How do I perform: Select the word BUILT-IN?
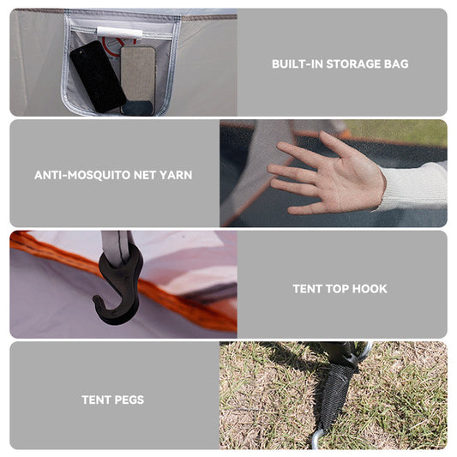coord(297,64)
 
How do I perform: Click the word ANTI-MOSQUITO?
coord(82,175)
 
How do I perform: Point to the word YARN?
coord(176,175)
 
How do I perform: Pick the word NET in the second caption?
coord(144,175)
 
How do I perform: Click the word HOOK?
coord(370,289)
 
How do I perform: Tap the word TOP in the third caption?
coord(337,289)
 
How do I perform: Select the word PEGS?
coord(129,400)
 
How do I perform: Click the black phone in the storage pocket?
coord(98,76)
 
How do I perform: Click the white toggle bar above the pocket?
coord(119,33)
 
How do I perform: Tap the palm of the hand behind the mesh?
coord(350,177)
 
